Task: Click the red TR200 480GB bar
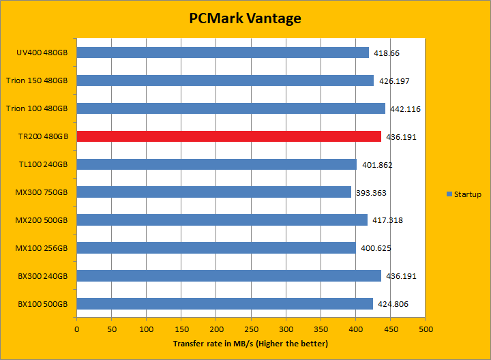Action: (x=228, y=136)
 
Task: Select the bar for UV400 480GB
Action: (x=222, y=52)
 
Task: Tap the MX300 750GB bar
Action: (x=213, y=192)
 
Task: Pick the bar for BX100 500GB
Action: (x=224, y=303)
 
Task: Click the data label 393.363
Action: (x=371, y=193)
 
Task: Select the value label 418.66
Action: (x=386, y=53)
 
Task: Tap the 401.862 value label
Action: (x=376, y=165)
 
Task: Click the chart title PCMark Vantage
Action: (x=245, y=18)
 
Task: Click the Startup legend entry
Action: (x=464, y=194)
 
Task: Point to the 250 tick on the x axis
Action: (x=251, y=330)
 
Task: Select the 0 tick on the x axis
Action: (x=76, y=330)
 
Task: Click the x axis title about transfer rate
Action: (x=250, y=344)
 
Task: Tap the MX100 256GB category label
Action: (x=42, y=248)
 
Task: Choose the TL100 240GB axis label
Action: (x=43, y=164)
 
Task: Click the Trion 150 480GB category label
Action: (x=37, y=80)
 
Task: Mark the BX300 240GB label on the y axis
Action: (x=42, y=276)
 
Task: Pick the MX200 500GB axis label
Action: (x=42, y=220)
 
